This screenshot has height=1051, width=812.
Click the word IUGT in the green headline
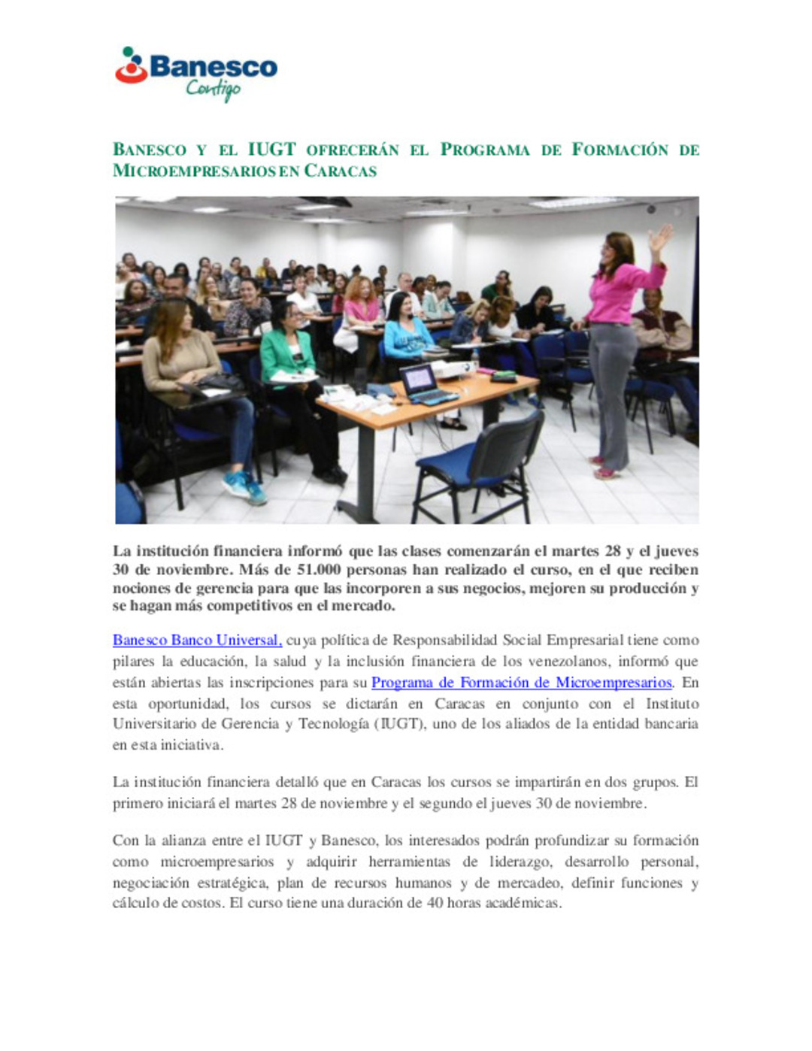point(271,149)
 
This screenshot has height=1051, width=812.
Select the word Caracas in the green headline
point(340,171)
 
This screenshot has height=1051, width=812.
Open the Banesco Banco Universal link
point(197,641)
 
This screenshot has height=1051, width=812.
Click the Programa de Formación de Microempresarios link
point(521,683)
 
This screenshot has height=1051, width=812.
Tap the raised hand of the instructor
point(661,239)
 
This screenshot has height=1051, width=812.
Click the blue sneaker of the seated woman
point(244,487)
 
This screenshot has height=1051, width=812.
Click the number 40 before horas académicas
point(435,903)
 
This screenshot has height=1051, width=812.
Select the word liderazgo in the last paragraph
point(518,862)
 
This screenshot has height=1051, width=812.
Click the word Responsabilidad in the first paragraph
point(445,641)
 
